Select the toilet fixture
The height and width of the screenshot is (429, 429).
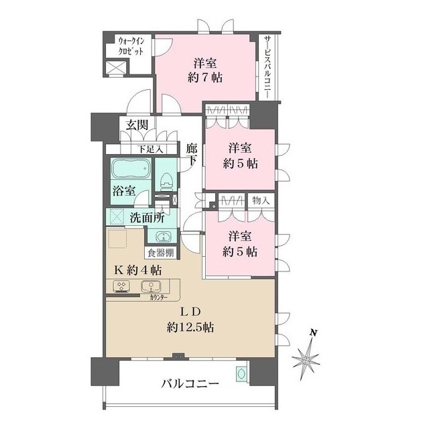(166, 179)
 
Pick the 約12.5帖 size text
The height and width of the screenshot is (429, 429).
(191, 328)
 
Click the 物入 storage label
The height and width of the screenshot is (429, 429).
(261, 200)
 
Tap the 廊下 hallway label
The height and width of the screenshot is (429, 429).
(192, 154)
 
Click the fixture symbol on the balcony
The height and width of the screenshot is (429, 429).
(239, 374)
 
